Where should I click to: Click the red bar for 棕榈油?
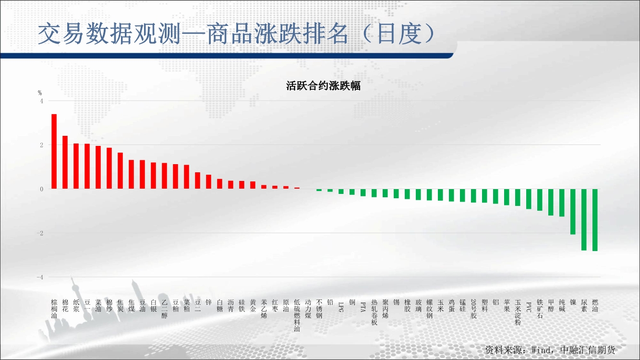pos(54,151)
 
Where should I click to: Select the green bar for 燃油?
pos(595,220)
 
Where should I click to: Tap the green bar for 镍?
pos(573,212)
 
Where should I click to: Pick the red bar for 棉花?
pos(65,162)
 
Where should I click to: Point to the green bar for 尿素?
pos(584,220)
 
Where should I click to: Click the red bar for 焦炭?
pos(121,170)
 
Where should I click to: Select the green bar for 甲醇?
pos(551,202)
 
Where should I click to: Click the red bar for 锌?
pos(208,182)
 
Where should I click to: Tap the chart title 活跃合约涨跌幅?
pos(323,86)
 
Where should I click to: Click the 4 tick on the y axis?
pos(42,101)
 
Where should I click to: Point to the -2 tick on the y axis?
pos(40,233)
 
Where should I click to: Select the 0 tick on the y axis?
pos(42,189)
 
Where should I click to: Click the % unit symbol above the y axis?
pos(40,93)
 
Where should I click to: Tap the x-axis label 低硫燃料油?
pos(297,315)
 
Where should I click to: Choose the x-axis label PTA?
pos(363,307)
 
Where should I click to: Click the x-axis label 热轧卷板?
pos(374,312)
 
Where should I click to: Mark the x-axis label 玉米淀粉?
pos(518,312)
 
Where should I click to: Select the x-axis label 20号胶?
pos(473,309)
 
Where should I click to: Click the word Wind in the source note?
pos(541,350)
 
